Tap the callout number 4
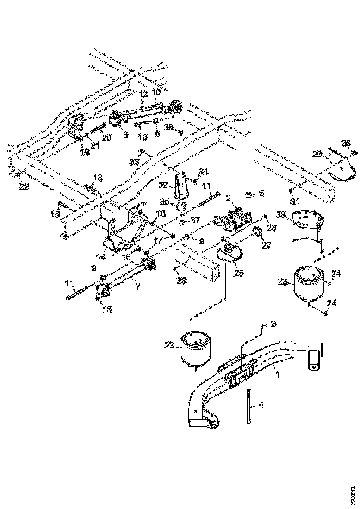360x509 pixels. [x=261, y=405]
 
